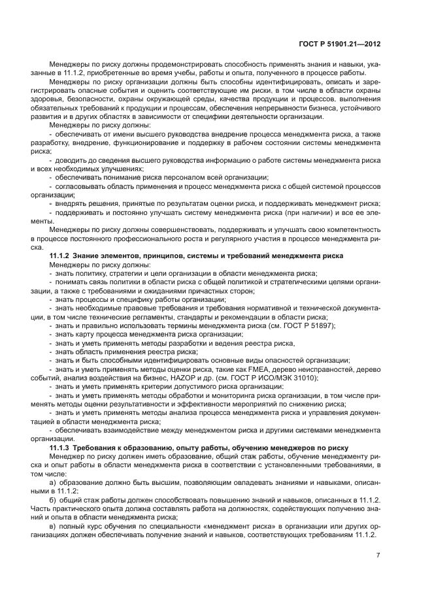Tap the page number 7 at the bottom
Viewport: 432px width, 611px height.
[x=378, y=555]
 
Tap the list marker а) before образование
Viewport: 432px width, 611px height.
[x=53, y=482]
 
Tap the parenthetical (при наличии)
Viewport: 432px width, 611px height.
[x=303, y=213]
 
